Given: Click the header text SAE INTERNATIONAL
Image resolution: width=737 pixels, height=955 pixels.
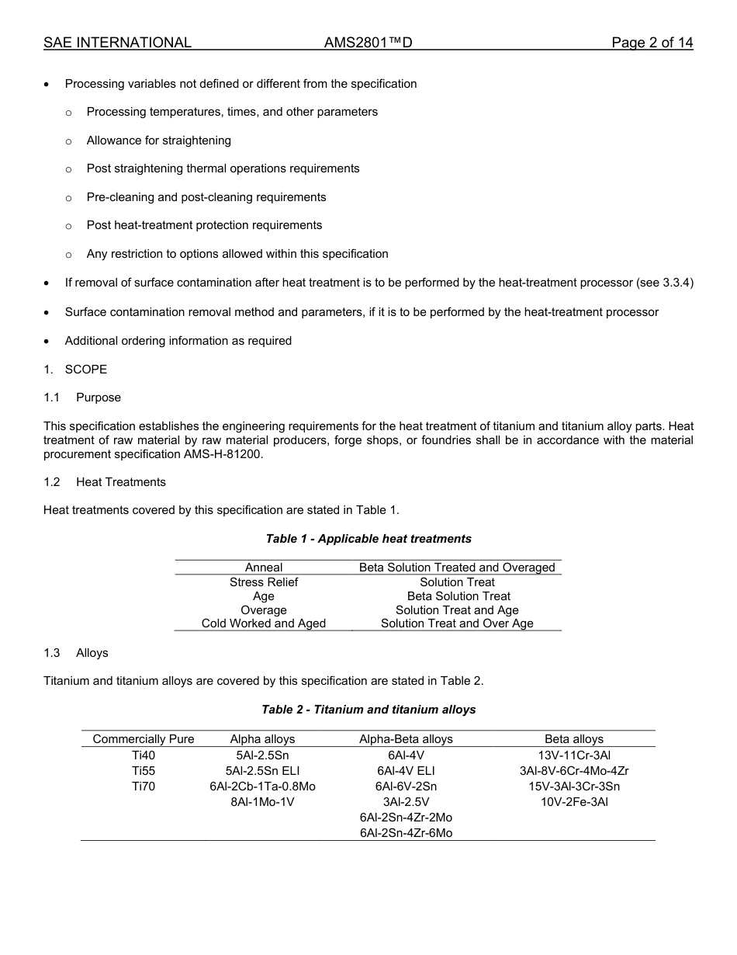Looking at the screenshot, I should point(117,43).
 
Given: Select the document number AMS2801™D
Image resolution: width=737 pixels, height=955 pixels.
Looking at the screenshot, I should point(368,43).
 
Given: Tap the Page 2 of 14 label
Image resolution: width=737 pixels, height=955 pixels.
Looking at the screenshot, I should point(652,43).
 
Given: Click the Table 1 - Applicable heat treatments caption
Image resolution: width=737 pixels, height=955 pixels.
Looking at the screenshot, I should point(368,539).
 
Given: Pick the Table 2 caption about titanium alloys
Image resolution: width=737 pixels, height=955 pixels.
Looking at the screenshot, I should point(368,710).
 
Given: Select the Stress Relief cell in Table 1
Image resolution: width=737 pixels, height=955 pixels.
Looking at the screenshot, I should point(264,582).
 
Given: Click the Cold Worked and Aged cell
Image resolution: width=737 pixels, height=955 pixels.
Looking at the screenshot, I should point(264,623).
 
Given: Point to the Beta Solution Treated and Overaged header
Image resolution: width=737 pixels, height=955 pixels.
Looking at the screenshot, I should point(457,568).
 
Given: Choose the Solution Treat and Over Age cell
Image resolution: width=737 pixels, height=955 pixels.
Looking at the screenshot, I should point(457,623).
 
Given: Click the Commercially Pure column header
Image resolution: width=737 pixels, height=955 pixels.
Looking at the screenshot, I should point(144,739).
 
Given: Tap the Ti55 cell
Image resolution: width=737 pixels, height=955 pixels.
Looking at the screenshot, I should point(144,771).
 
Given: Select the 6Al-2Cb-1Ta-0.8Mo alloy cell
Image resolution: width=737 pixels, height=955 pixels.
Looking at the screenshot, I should point(262,787).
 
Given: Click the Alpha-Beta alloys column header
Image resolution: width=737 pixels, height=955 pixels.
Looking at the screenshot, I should point(406,739).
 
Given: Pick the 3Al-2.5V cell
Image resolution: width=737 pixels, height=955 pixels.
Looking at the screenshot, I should point(406,802).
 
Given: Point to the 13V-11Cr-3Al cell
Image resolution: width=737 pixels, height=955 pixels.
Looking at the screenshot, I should point(574,755).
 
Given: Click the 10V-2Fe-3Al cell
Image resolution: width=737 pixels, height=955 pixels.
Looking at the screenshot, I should point(574,802).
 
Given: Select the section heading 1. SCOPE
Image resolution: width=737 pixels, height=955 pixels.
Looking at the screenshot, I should point(76,370).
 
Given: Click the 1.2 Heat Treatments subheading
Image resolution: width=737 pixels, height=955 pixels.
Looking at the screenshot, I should point(105,482).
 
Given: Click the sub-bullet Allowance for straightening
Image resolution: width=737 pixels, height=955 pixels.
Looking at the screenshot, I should point(158,141).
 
